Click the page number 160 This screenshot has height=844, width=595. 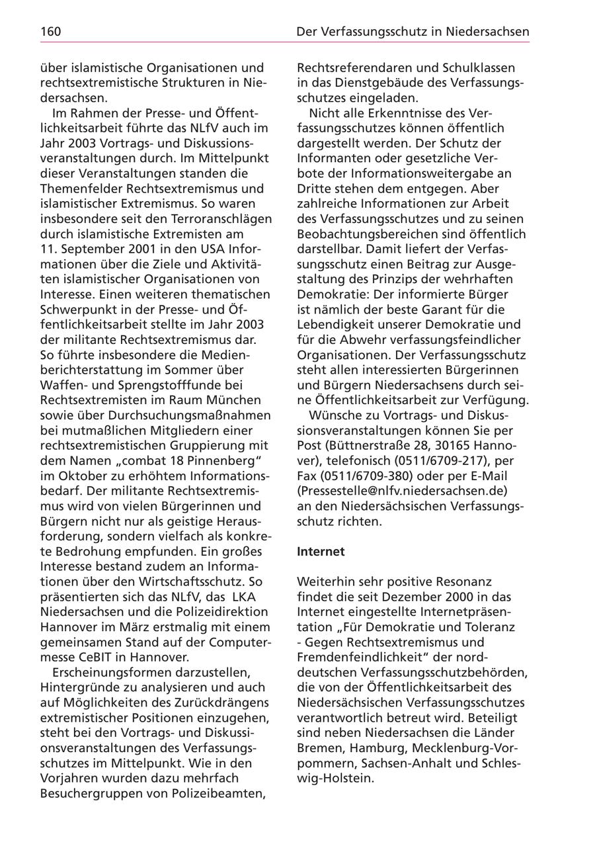point(51,31)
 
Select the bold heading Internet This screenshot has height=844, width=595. point(321,550)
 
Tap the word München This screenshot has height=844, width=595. point(237,400)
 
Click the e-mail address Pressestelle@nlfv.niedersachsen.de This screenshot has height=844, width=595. point(402,490)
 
